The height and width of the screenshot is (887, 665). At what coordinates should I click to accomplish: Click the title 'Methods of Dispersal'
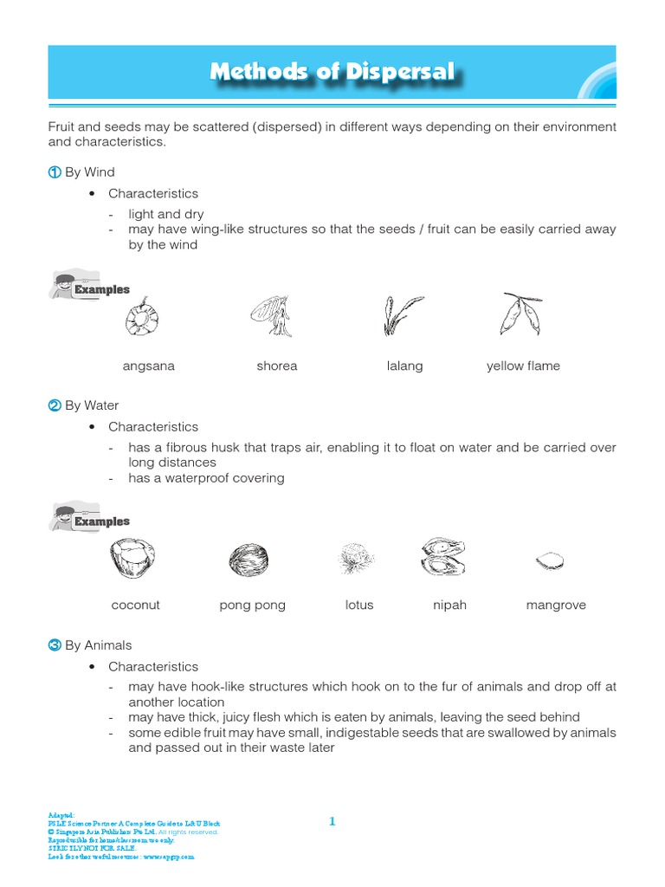[x=332, y=72]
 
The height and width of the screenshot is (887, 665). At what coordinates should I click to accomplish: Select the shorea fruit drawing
[x=273, y=314]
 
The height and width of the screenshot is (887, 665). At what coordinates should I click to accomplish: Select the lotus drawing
[x=356, y=559]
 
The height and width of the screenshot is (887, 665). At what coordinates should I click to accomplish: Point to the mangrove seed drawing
[x=549, y=561]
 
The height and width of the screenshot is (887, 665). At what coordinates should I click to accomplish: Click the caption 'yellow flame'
[x=523, y=366]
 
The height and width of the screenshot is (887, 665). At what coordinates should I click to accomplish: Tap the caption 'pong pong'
[x=252, y=605]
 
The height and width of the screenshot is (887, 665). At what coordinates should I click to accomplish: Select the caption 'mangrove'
[x=556, y=605]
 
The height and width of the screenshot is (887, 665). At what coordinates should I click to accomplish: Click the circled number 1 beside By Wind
[x=55, y=172]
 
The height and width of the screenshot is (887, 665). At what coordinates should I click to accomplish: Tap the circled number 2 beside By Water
[x=55, y=405]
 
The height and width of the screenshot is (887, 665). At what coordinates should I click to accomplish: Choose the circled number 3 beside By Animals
[x=55, y=645]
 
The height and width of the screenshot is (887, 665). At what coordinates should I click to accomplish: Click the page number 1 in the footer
[x=332, y=821]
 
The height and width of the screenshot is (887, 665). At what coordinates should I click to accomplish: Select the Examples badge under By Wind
[x=90, y=287]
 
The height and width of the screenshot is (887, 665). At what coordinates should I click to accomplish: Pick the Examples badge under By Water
[x=90, y=519]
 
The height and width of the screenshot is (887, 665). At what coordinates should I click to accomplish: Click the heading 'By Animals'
[x=99, y=645]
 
